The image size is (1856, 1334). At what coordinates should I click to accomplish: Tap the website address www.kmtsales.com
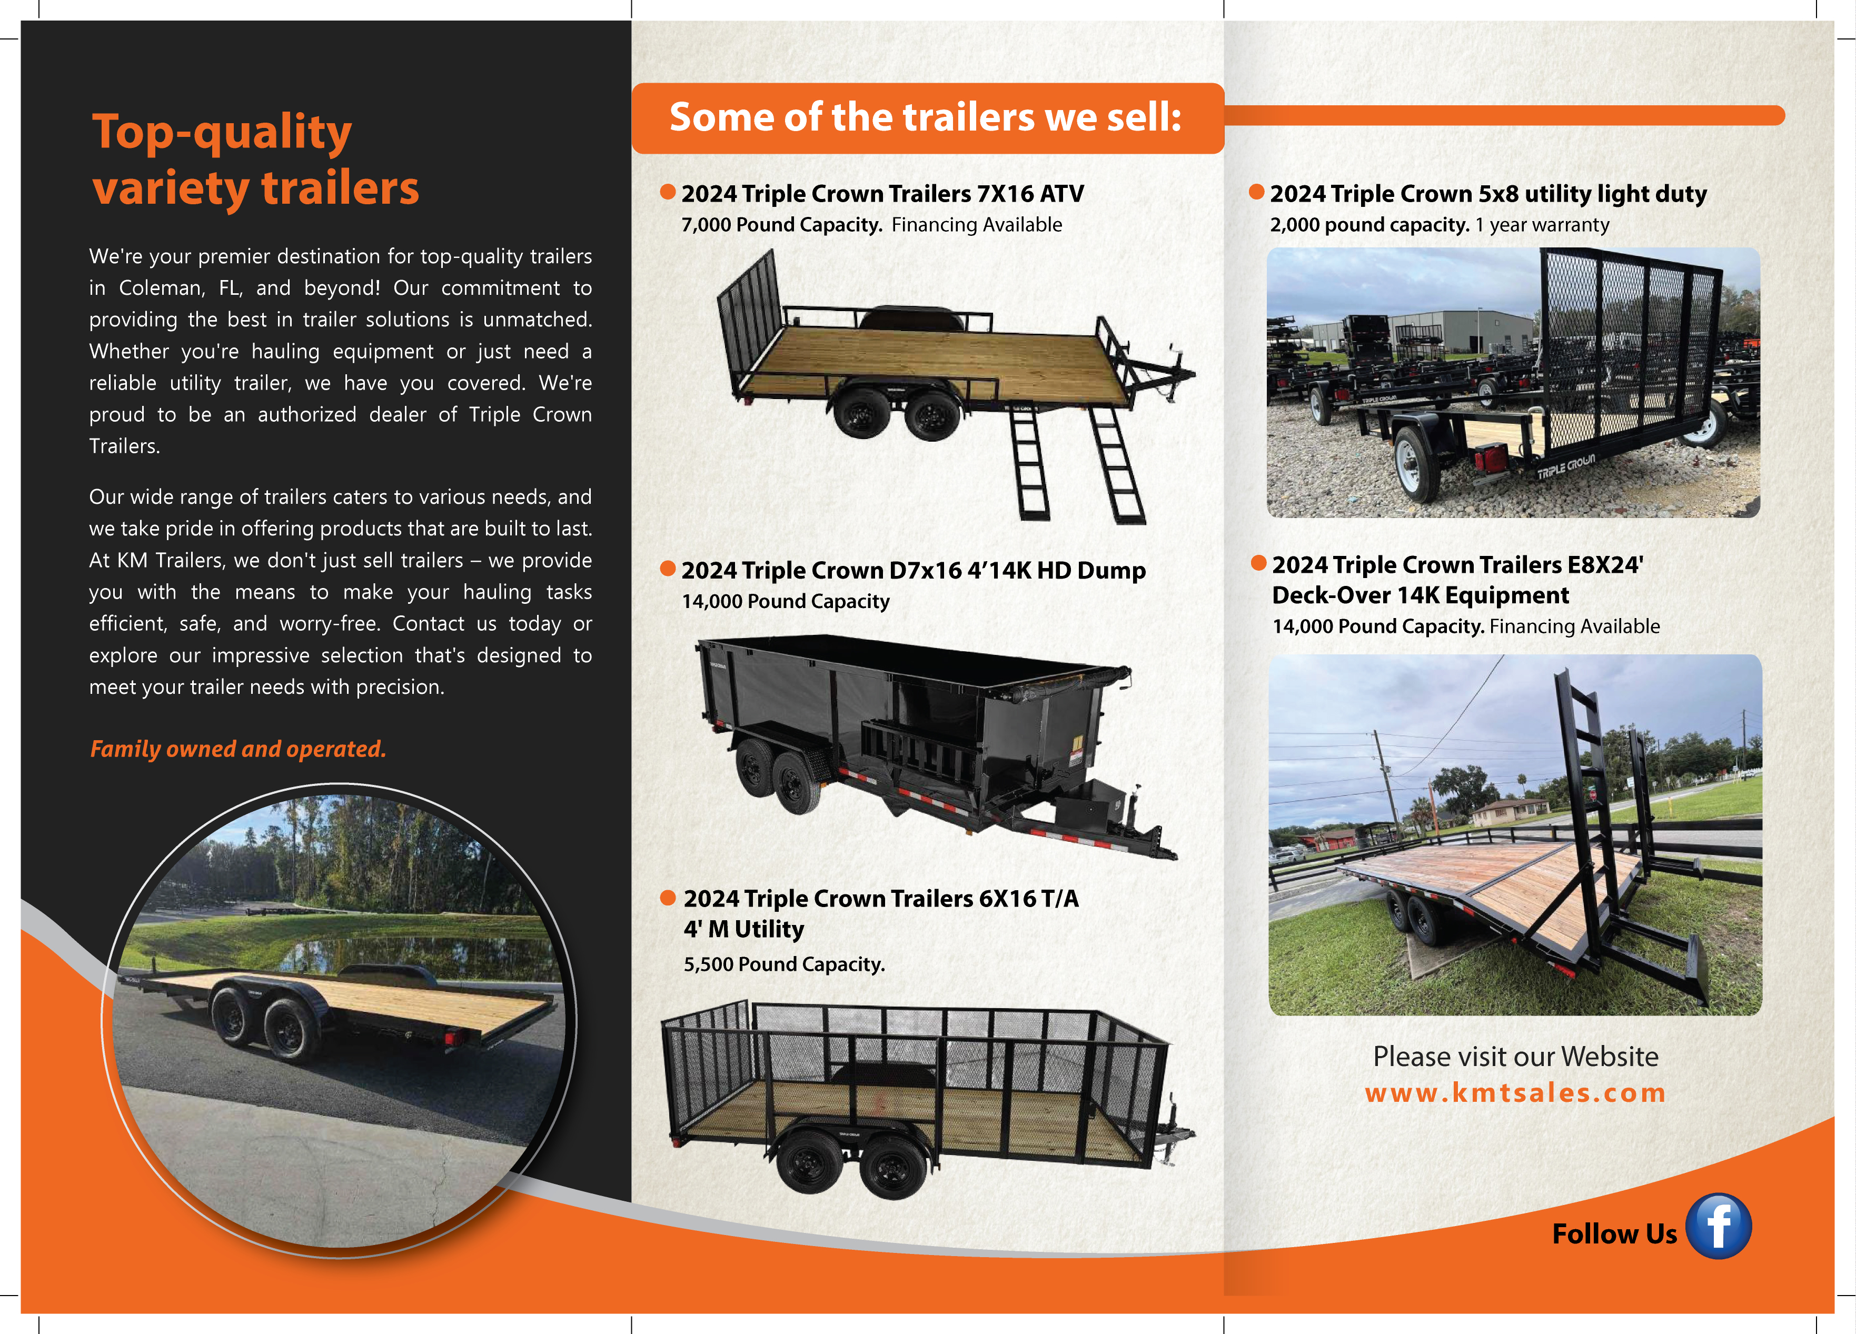click(x=1515, y=1092)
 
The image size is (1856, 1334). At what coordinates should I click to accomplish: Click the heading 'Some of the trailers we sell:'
click(x=926, y=117)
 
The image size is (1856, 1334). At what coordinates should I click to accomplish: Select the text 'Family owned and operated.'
click(x=237, y=749)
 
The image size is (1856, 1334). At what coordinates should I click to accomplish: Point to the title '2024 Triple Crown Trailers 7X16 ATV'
click(x=881, y=194)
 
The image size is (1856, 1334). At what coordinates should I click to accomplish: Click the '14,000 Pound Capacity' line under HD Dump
click(x=785, y=602)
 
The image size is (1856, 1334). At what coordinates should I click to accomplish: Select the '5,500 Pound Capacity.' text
click(x=784, y=964)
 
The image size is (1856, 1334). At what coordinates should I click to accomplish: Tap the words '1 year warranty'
click(x=1542, y=225)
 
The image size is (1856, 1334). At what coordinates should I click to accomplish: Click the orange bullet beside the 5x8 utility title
click(x=1256, y=192)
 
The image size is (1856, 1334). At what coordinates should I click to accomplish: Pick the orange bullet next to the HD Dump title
click(x=668, y=569)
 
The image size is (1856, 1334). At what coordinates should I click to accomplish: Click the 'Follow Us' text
click(x=1614, y=1233)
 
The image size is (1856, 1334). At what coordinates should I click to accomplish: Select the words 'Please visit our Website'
click(x=1515, y=1057)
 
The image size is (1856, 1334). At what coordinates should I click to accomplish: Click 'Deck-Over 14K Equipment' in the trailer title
click(x=1420, y=596)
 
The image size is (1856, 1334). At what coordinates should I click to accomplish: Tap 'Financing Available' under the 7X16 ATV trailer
click(x=976, y=225)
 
